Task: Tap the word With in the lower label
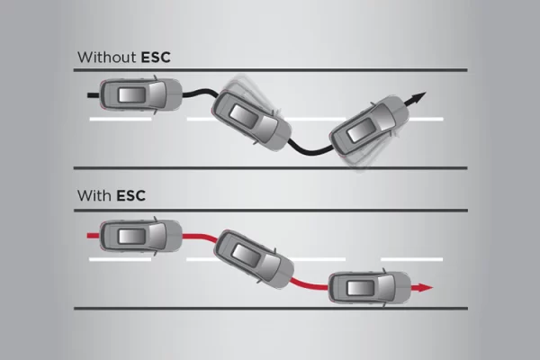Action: pyautogui.click(x=94, y=194)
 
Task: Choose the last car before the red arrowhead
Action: pyautogui.click(x=366, y=288)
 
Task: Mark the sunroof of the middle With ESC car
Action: pyautogui.click(x=248, y=256)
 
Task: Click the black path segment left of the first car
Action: pyautogui.click(x=93, y=92)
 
